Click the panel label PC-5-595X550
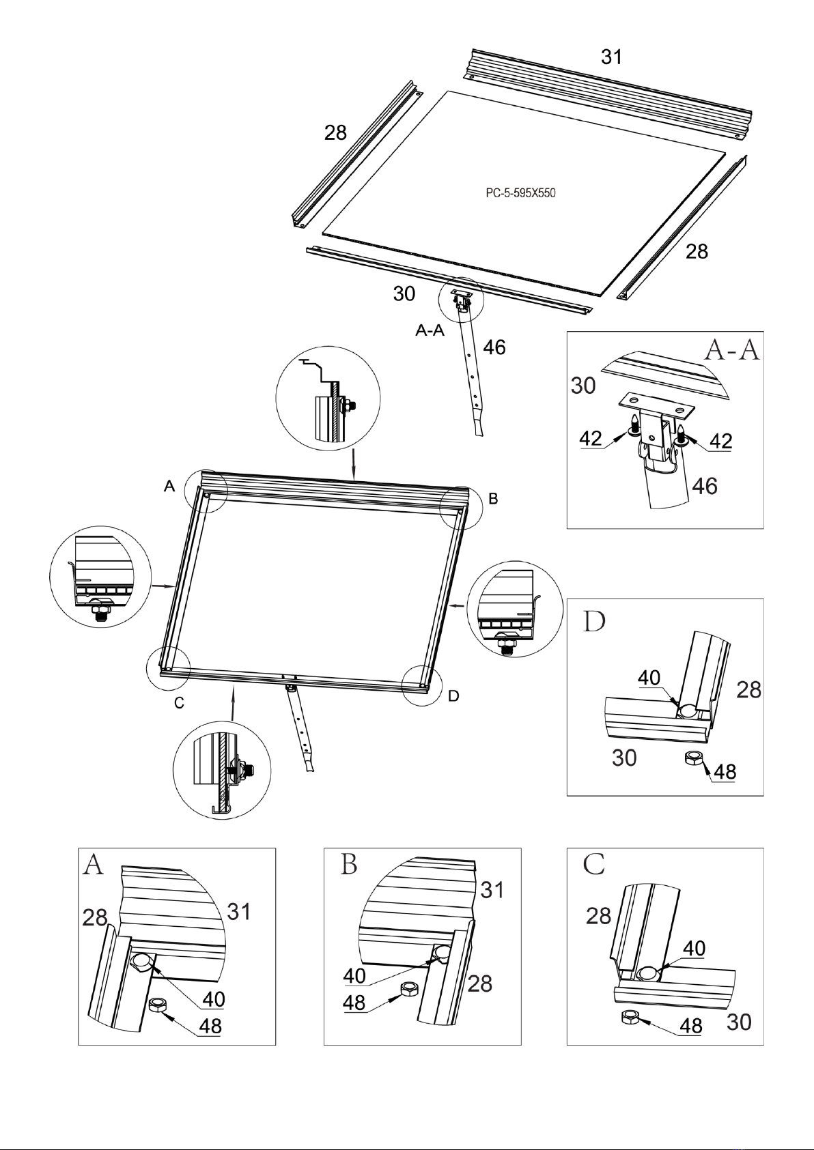(x=521, y=193)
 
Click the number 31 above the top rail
(x=612, y=57)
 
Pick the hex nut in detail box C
(x=630, y=1016)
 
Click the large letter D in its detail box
(x=594, y=622)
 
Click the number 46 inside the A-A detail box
(x=705, y=486)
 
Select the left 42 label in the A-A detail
(x=591, y=438)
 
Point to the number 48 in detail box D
(x=725, y=771)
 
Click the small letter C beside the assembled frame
(x=179, y=703)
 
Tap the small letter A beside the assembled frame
(x=169, y=486)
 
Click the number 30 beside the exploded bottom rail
(x=404, y=293)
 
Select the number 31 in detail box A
(x=239, y=911)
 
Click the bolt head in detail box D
(x=686, y=711)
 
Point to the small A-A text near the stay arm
(x=430, y=330)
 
